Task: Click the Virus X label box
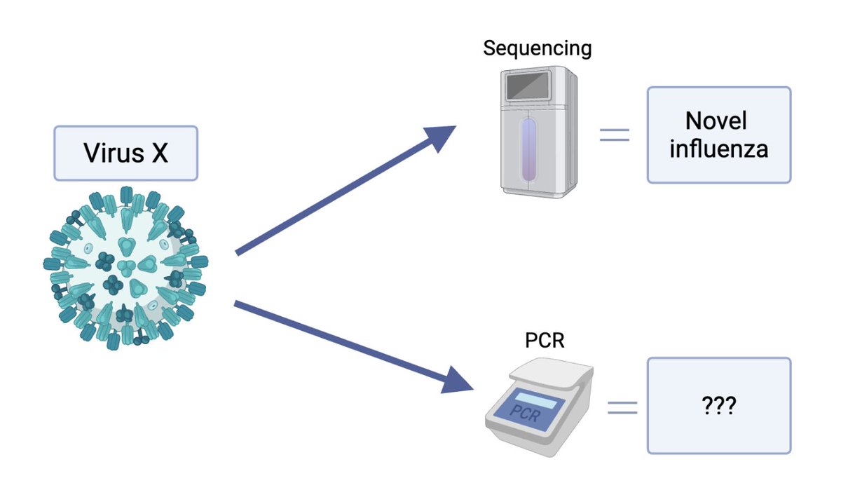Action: point(126,154)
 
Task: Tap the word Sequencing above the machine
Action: point(538,48)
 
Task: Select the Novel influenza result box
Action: point(718,135)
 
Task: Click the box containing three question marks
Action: point(718,406)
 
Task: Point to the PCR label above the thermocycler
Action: point(545,341)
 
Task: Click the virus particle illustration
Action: point(126,268)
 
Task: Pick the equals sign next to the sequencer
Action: point(614,135)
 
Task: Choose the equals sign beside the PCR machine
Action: point(622,407)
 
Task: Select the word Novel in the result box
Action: point(716,121)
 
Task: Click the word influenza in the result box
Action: point(718,149)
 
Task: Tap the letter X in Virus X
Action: point(159,154)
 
